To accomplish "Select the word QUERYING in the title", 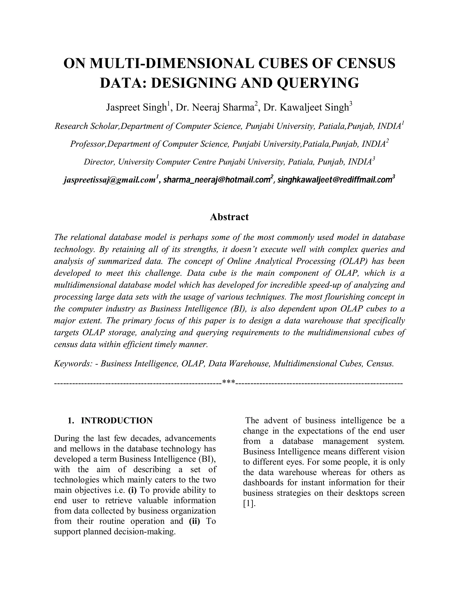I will pyautogui.click(x=318, y=83).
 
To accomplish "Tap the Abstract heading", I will pyautogui.click(x=229, y=217).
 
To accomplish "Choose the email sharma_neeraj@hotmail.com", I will pyautogui.click(x=217, y=180).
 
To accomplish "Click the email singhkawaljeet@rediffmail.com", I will pyautogui.click(x=334, y=180).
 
